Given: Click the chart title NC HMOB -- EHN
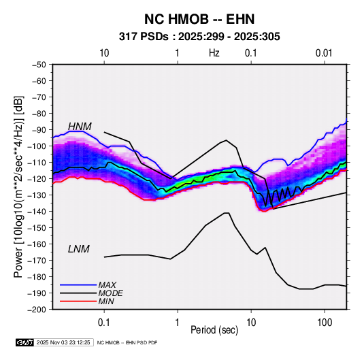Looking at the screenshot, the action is point(199,19).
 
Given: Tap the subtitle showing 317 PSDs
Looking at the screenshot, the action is point(199,37).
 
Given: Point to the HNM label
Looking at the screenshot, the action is point(80,127).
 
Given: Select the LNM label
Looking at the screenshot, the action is point(79,249).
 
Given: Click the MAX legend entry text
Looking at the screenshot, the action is point(107,284).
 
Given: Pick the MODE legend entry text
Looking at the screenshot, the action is point(110,293).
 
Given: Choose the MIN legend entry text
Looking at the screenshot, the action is point(106,301).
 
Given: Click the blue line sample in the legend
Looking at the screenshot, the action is point(78,284).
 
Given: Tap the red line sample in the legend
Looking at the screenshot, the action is point(78,301).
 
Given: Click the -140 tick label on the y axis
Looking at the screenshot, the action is point(37,212).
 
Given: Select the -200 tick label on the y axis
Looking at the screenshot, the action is point(37,310).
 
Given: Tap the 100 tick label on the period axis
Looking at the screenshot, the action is point(325,322).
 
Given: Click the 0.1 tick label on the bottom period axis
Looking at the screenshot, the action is point(104,322).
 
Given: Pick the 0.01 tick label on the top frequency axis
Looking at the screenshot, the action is point(324,53).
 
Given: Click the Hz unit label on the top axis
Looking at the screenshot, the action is point(214,53).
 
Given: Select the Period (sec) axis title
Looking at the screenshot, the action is point(214,330).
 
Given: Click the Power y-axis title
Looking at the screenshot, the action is point(18,187).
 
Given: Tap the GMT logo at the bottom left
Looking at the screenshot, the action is point(25,342).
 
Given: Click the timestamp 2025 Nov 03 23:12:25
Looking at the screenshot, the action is point(63,342).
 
